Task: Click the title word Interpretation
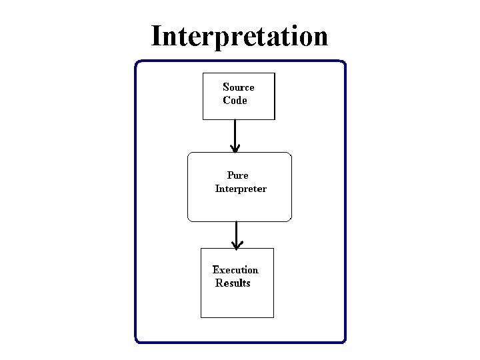[x=239, y=36]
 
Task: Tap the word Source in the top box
[x=238, y=87]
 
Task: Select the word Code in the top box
[x=235, y=101]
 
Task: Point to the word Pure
[x=237, y=175]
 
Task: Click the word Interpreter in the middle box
[x=240, y=189]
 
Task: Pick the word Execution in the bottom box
[x=235, y=270]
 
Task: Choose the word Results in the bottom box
[x=233, y=283]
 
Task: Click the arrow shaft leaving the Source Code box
[x=235, y=133]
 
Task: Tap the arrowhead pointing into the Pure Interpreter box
[x=235, y=148]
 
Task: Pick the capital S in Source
[x=226, y=87]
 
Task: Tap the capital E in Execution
[x=216, y=270]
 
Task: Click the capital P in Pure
[x=231, y=175]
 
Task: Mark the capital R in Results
[x=219, y=283]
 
